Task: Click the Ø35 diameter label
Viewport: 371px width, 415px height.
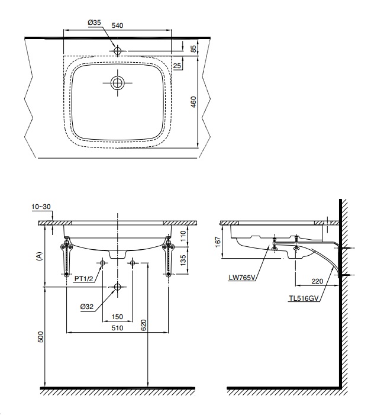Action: click(x=95, y=22)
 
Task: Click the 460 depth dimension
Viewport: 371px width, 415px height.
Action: click(x=193, y=102)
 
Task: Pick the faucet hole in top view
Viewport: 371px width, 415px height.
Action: click(x=118, y=50)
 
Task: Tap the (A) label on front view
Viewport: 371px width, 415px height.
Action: click(x=40, y=255)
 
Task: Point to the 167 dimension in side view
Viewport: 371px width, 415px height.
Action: click(x=217, y=242)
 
